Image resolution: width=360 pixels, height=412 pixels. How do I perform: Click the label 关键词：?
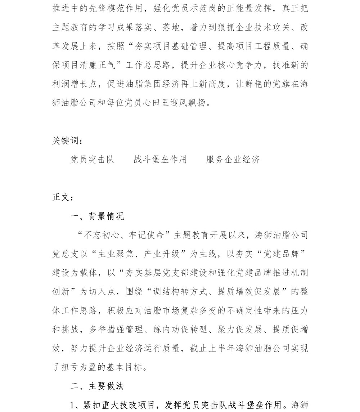tap(67, 140)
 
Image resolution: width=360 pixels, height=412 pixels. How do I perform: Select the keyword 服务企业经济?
tap(233, 160)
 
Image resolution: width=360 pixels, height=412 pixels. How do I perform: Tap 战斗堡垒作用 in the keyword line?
tap(160, 160)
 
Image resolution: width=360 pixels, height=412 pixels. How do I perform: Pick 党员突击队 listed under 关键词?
tap(93, 160)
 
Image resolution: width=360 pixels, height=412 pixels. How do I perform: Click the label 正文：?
tap(63, 197)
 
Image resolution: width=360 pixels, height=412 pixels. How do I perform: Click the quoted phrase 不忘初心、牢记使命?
tap(124, 235)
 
